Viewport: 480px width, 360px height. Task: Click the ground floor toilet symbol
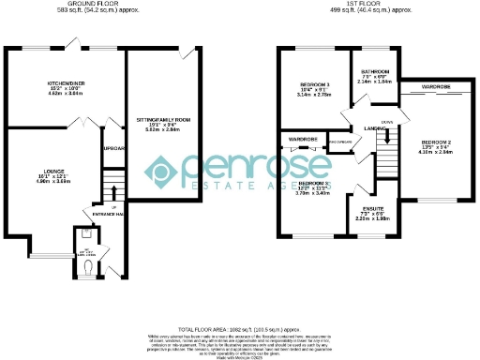coord(86,265)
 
